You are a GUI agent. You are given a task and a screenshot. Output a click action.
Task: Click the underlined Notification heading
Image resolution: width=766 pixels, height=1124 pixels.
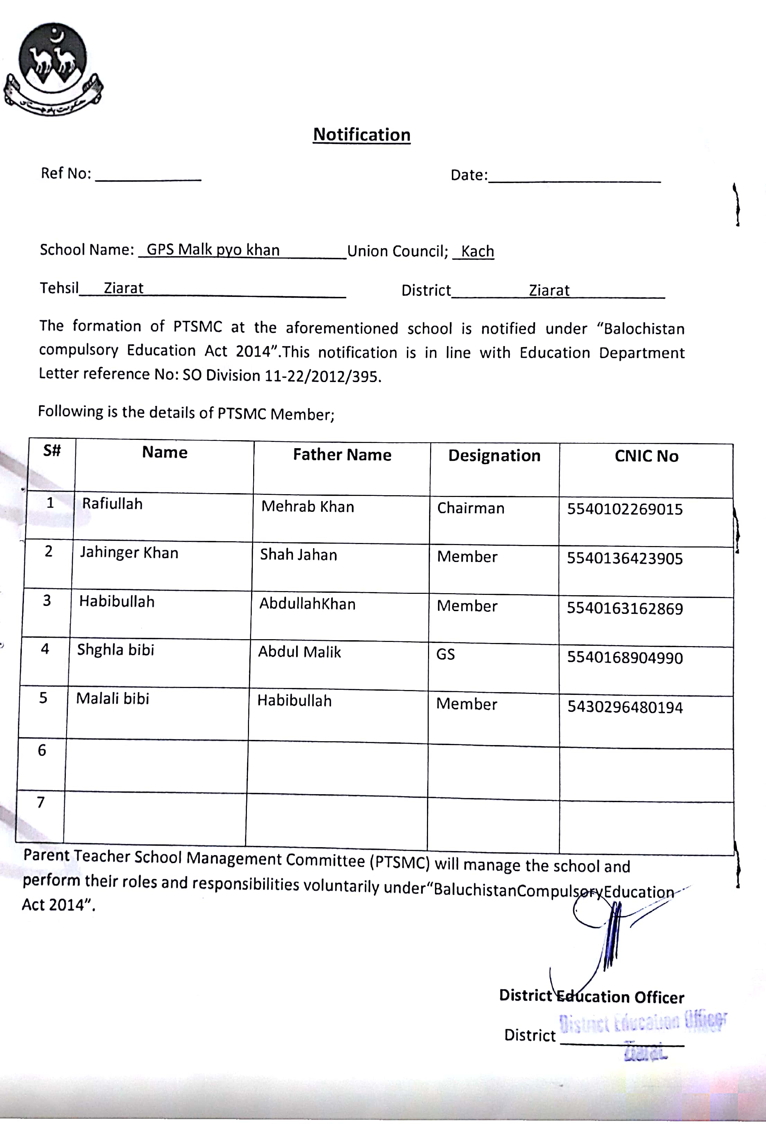[x=362, y=135]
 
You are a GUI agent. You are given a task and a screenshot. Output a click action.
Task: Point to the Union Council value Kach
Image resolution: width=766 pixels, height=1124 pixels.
[x=477, y=252]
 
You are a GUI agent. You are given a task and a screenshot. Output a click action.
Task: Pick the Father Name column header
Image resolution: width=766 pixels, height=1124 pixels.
[x=342, y=455]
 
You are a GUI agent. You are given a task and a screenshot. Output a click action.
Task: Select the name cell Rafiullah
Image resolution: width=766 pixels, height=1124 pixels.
[x=112, y=504]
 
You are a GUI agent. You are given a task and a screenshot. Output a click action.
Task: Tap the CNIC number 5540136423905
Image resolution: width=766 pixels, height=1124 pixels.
[x=625, y=559]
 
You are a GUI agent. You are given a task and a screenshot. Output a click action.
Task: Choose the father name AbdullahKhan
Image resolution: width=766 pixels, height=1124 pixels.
[x=307, y=604]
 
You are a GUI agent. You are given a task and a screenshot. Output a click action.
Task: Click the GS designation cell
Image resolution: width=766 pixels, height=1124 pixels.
[x=445, y=654]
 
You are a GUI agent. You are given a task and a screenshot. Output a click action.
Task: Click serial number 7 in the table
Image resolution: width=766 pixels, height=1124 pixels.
[x=41, y=803]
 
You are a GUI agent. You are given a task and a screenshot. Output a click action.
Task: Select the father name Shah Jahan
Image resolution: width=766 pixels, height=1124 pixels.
[x=298, y=555]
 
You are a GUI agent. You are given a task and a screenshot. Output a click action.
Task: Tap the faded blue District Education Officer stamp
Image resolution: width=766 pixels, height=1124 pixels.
[x=643, y=1022]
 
